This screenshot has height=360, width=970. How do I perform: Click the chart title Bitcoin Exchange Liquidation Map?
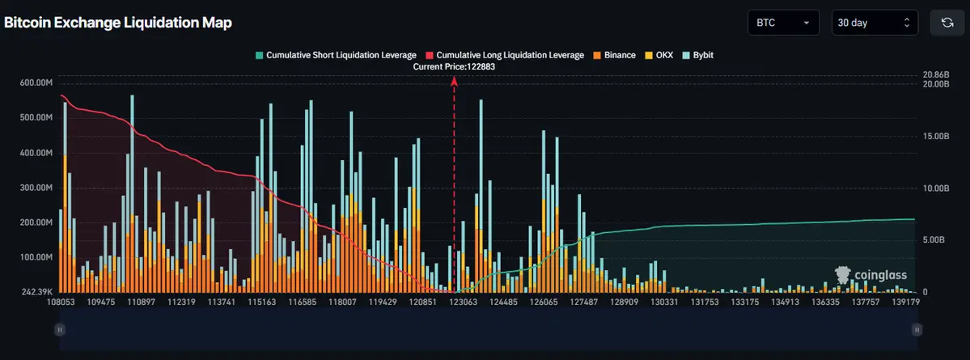click(x=118, y=23)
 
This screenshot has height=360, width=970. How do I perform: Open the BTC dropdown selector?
click(x=783, y=23)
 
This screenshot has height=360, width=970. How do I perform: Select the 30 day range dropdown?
click(x=875, y=23)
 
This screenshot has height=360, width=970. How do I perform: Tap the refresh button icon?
click(x=947, y=23)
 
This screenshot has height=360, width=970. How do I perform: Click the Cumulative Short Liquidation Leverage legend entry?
click(x=336, y=55)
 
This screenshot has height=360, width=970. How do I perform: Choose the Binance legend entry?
click(x=614, y=55)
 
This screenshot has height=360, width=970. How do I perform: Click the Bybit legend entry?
click(x=697, y=55)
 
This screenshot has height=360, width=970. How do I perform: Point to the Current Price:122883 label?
click(x=454, y=67)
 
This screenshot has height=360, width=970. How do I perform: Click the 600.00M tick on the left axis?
click(x=36, y=83)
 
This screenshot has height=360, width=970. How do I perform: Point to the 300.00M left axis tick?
click(x=36, y=188)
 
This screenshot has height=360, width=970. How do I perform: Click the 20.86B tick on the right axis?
click(x=934, y=75)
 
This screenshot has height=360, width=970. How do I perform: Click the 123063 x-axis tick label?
click(x=464, y=302)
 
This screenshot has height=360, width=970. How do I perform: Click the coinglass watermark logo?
click(x=870, y=276)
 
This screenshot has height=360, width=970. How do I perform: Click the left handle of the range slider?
click(x=59, y=329)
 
